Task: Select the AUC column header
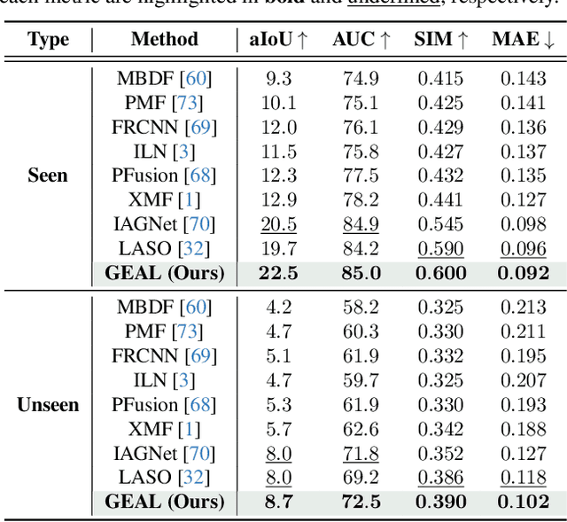tap(361, 40)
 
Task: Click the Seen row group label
tap(48, 175)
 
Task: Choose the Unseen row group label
tap(48, 405)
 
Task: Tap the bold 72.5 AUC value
tap(361, 503)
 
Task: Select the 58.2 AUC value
tap(361, 308)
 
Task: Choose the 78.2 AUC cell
tap(361, 199)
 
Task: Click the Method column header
tap(165, 40)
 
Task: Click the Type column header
tap(48, 40)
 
